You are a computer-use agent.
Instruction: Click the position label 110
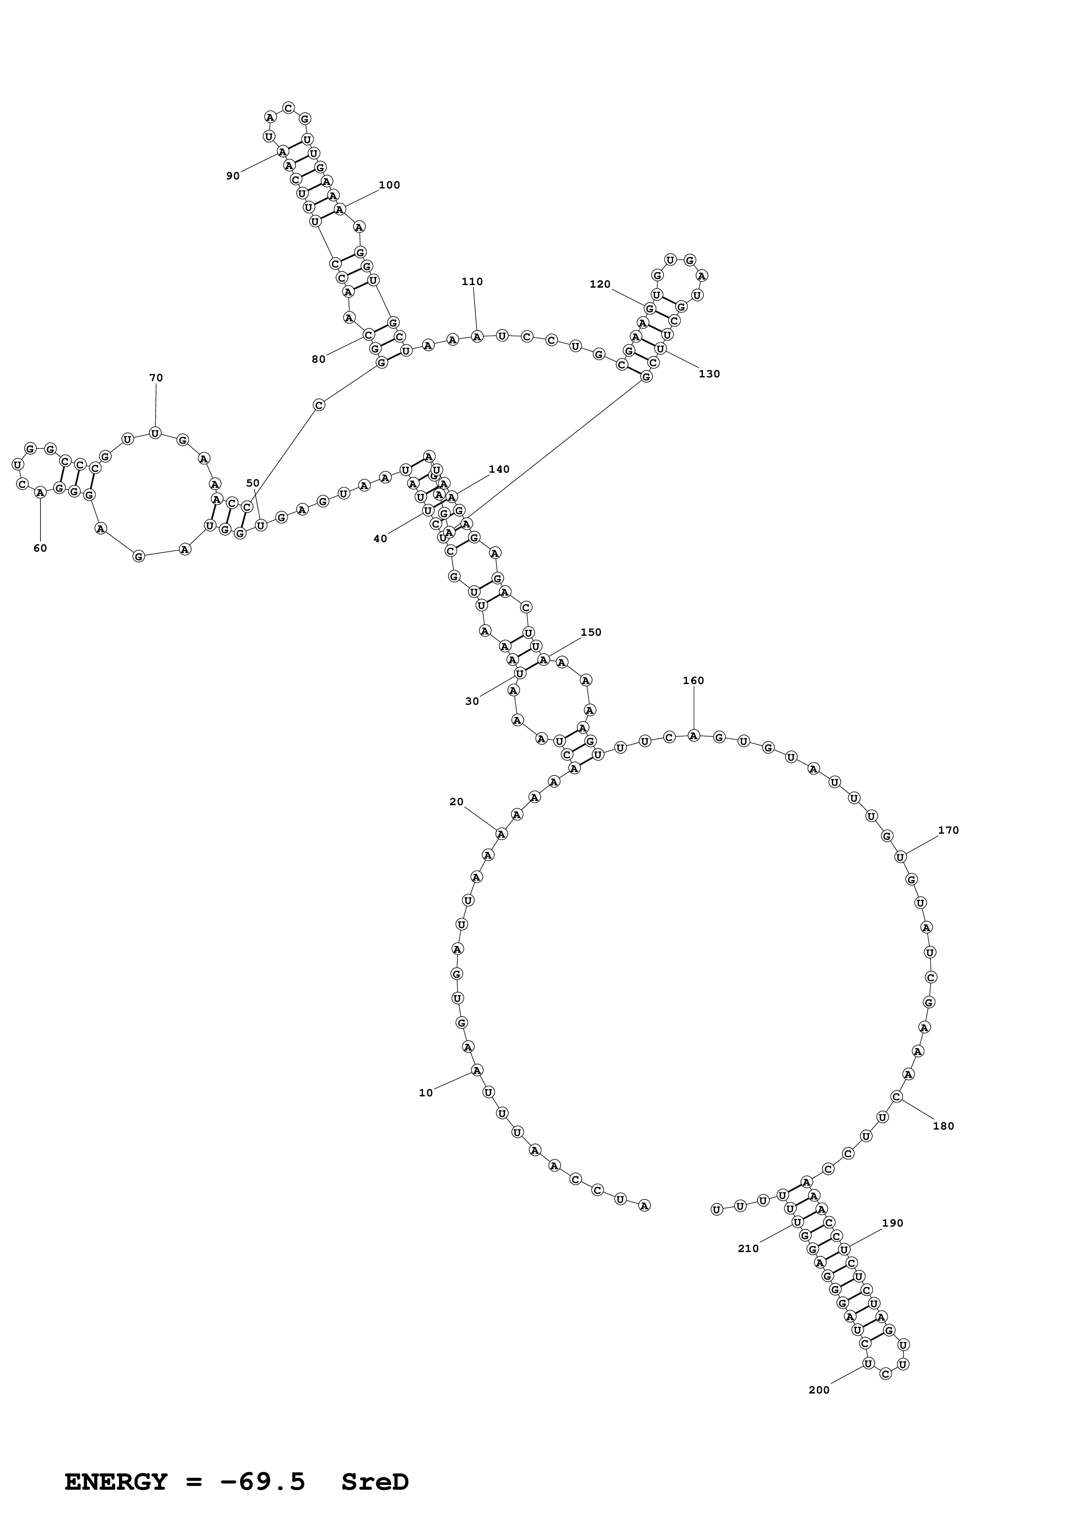472,281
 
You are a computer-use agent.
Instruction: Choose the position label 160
693,681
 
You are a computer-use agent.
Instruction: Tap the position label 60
40,548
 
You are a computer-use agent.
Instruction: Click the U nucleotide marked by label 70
155,433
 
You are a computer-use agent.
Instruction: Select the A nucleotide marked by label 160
693,735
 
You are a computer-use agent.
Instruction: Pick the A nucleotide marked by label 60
40,492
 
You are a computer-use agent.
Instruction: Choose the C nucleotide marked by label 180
897,1096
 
